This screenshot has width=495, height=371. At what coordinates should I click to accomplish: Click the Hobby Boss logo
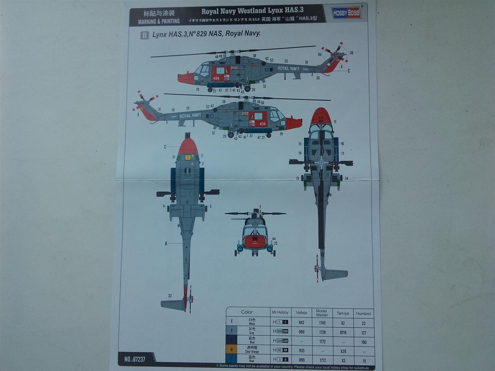coord(346,13)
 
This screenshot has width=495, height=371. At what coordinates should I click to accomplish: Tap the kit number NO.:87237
coord(135,359)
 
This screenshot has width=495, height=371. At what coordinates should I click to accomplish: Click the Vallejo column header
coord(301,313)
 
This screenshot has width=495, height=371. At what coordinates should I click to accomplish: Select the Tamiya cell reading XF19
coord(343,332)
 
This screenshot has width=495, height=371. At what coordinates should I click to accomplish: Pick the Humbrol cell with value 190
coord(364,342)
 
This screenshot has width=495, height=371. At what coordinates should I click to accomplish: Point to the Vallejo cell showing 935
coord(301,351)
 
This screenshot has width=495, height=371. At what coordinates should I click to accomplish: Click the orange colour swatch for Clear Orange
coord(231,350)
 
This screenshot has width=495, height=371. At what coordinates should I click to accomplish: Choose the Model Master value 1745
coord(322,323)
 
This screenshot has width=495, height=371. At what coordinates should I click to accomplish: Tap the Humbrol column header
coord(363,313)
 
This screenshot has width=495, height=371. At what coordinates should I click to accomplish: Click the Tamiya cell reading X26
coord(343,351)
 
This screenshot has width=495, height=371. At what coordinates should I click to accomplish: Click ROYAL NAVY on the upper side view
coord(288,68)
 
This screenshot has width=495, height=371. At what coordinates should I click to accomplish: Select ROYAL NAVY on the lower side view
coord(190,116)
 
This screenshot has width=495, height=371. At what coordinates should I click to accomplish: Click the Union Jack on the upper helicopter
coord(234,67)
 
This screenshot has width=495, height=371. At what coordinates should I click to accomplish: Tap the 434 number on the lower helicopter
coord(262,124)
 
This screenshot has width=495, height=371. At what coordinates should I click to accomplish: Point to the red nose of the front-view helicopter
coord(255,240)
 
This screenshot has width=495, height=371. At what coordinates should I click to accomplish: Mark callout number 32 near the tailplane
coord(170,296)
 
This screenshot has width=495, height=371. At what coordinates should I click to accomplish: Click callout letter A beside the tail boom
coord(166,244)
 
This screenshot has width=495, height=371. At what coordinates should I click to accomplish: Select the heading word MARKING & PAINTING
coord(159,21)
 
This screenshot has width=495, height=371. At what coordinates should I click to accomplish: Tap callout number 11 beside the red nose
coord(335,122)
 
